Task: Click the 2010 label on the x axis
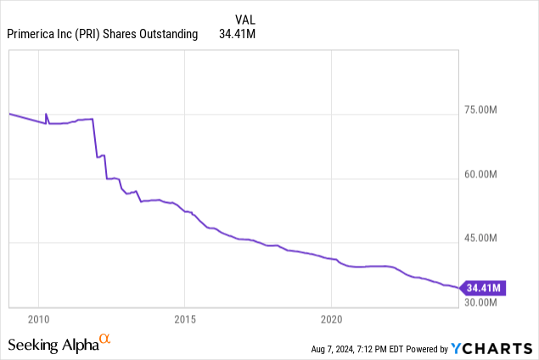point(38,318)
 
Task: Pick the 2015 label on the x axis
point(185,318)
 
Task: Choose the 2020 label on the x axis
point(332,318)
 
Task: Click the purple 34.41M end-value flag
point(484,287)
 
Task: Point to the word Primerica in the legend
point(34,35)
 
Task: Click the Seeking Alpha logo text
point(52,345)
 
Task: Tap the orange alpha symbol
point(105,340)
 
